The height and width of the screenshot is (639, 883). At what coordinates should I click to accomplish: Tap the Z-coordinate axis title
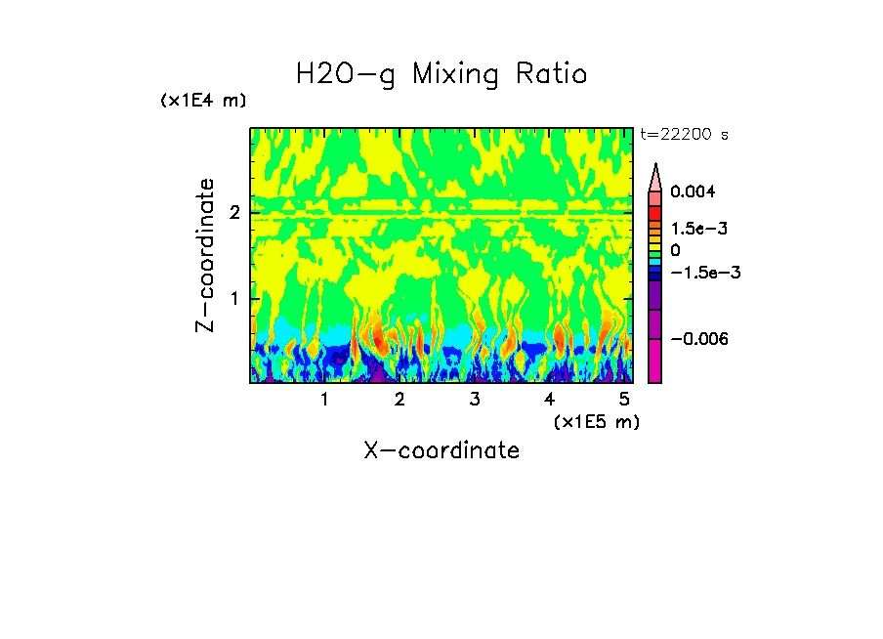tap(205, 255)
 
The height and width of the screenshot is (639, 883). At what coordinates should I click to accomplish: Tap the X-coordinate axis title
tap(441, 450)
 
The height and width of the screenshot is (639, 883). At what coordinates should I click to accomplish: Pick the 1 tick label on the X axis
tap(324, 399)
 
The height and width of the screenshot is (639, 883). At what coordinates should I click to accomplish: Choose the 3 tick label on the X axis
tap(475, 399)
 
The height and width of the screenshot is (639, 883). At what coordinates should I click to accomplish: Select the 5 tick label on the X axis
tap(624, 399)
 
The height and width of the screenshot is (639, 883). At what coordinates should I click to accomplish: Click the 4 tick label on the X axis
tap(549, 399)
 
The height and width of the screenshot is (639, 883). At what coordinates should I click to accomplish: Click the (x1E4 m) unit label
tap(203, 101)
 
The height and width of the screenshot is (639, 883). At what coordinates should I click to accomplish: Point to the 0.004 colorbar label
tap(693, 192)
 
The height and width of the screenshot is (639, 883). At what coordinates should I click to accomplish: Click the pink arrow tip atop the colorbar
tap(655, 176)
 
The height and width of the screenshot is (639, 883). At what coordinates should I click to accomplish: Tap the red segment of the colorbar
tap(655, 212)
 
